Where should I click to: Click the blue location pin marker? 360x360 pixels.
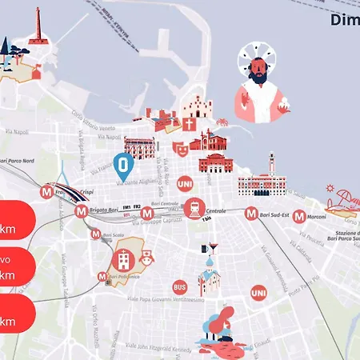pyautogui.click(x=122, y=166)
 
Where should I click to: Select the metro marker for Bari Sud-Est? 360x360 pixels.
pyautogui.click(x=251, y=214)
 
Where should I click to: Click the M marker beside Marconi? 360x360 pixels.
pyautogui.click(x=298, y=216)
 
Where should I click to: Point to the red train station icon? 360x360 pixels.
pyautogui.click(x=194, y=209)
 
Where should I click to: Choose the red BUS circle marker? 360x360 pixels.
pyautogui.click(x=180, y=286)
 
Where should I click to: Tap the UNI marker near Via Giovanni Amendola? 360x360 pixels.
pyautogui.click(x=258, y=294)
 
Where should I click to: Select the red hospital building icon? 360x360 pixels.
pyautogui.click(x=124, y=259)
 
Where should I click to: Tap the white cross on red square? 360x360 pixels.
pyautogui.click(x=189, y=125)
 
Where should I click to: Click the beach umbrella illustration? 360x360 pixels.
pyautogui.click(x=345, y=197)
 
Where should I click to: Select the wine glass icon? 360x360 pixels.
pyautogui.click(x=212, y=247)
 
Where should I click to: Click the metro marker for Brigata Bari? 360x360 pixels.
pyautogui.click(x=81, y=211)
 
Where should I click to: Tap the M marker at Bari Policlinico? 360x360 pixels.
pyautogui.click(x=102, y=277)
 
